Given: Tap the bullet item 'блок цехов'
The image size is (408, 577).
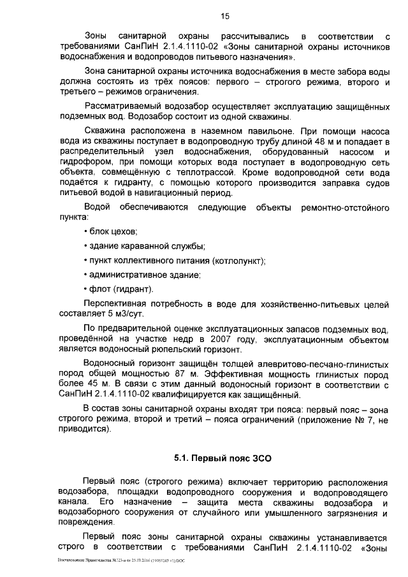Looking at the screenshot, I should (x=112, y=231).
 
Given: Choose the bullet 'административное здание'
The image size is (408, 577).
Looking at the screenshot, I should (x=143, y=275).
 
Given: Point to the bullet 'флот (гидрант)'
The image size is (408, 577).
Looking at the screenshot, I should (x=119, y=289).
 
